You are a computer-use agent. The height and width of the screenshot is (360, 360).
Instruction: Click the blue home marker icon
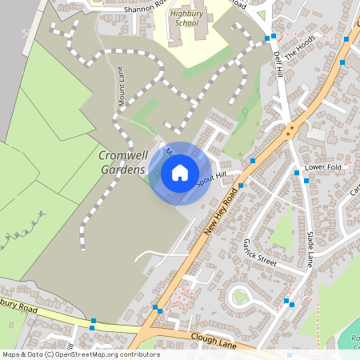point(180,173)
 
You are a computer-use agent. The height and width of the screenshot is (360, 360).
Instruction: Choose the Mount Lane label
point(122,86)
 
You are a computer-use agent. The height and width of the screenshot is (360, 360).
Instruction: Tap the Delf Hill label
point(278,65)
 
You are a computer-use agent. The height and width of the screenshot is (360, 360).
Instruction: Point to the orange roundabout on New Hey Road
point(291,128)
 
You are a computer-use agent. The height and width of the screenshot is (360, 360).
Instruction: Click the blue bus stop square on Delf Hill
point(273,37)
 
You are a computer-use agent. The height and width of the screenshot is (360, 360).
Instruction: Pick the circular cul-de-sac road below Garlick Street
point(241,298)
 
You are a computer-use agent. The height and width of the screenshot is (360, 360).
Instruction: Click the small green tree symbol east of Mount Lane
point(245,111)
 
